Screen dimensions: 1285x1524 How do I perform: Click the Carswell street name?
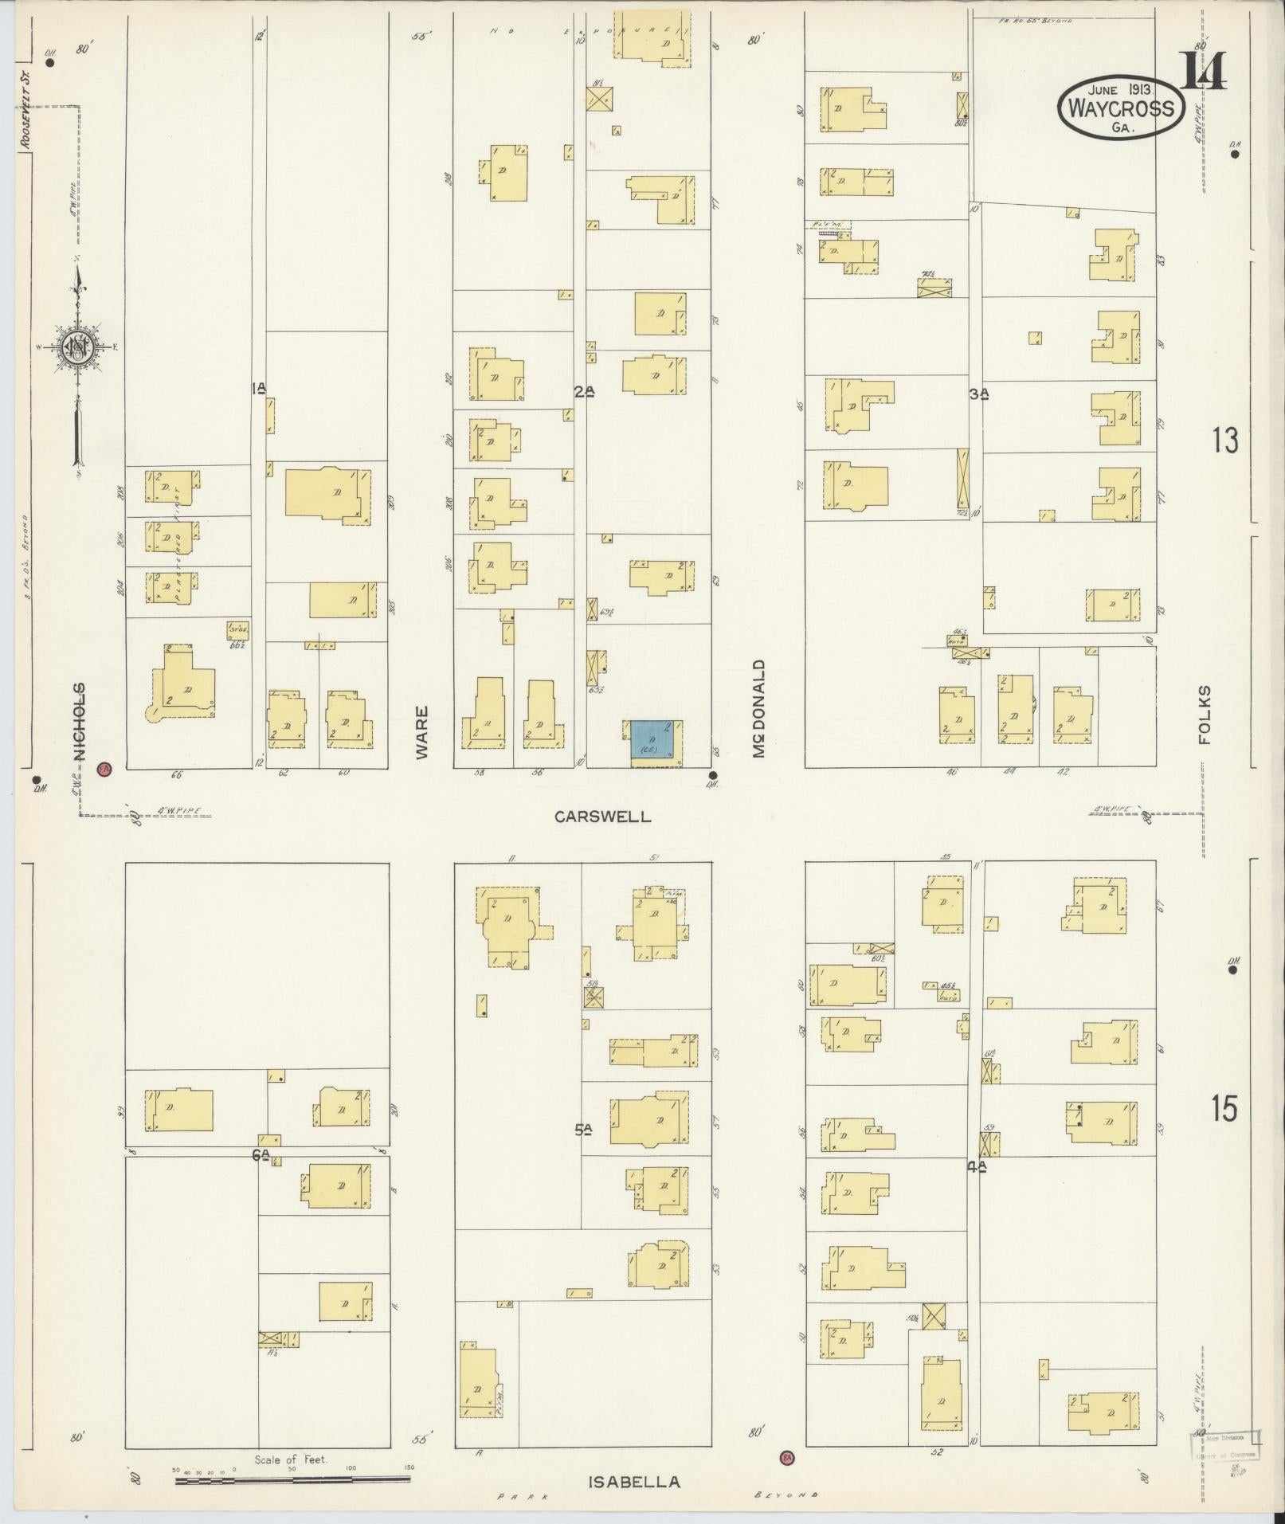coord(603,817)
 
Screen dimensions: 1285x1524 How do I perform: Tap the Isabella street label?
coord(634,1482)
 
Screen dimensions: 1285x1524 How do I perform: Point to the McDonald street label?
coord(759,708)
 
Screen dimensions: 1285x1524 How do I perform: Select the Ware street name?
coord(421,731)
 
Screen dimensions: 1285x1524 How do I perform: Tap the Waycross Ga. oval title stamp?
coord(1122,108)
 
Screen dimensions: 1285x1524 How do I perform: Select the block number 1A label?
coord(258,389)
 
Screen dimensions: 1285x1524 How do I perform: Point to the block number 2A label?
coord(584,391)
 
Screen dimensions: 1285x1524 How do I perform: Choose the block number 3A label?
coord(979,393)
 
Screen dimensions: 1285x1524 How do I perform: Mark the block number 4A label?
coord(977,1166)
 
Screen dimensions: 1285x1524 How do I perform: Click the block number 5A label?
coord(584,1128)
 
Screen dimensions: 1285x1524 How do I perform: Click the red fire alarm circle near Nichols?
coord(104,769)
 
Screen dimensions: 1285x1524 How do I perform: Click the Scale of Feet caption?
coord(292,1460)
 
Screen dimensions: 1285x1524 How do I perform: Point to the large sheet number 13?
coord(1225,440)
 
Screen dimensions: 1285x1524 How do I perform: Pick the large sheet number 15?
coord(1225,1108)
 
